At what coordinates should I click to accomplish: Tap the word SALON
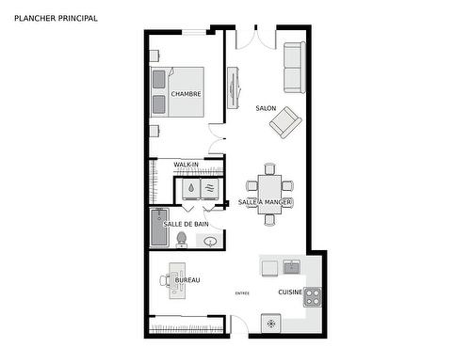point(266,108)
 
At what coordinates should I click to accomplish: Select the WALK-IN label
point(186,165)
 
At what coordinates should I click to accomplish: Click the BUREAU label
point(187,280)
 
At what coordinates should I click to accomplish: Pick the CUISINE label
point(290,292)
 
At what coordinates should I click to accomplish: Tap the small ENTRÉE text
point(242,294)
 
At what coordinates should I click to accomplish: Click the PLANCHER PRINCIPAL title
point(56,18)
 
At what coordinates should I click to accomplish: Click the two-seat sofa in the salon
point(294,68)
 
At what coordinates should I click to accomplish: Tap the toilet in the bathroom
point(181,238)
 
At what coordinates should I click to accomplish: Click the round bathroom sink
point(209,241)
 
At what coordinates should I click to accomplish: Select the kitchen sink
point(292,267)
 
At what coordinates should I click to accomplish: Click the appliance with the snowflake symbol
point(272,323)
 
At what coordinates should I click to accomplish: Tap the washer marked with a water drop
point(191,189)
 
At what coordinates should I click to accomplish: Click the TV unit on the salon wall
point(233,87)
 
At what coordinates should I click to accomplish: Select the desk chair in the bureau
point(165,280)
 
